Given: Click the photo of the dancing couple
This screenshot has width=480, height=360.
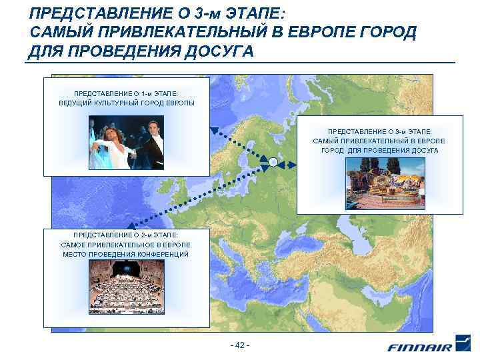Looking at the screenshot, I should (x=127, y=143).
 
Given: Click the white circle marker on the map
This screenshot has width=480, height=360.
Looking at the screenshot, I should (x=273, y=161).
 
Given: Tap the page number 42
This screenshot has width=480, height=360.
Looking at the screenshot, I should (x=239, y=345).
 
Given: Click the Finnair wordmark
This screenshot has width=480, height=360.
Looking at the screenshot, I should (x=420, y=347).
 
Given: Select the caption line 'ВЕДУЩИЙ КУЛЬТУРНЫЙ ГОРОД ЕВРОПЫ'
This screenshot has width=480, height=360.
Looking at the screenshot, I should (x=127, y=103).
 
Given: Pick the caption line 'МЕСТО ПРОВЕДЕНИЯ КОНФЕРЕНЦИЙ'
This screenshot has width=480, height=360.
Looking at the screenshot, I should (x=125, y=254).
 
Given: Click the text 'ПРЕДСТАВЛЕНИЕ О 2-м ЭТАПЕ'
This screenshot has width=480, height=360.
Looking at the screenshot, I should (x=125, y=235).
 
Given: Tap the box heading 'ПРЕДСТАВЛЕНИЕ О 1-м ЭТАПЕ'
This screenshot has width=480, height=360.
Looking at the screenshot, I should (x=127, y=93).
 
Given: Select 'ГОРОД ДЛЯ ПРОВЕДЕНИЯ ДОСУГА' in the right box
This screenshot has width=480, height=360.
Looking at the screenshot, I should (x=379, y=151).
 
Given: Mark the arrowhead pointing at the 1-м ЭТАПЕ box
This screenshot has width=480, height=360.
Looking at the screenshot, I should (x=214, y=130).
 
